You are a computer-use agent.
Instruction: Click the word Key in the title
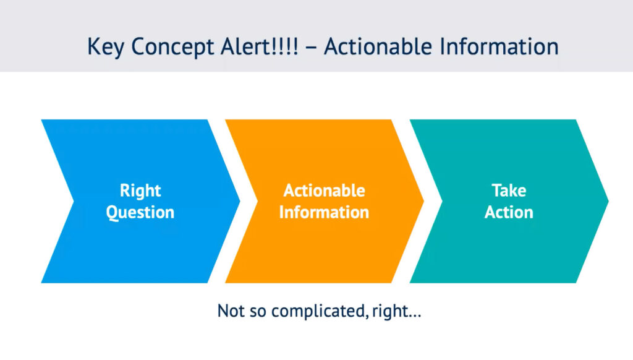click(106, 47)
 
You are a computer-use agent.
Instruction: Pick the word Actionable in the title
click(378, 46)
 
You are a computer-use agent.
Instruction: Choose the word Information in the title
click(499, 46)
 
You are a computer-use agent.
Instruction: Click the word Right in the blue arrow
click(140, 191)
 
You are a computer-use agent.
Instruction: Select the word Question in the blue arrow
click(140, 213)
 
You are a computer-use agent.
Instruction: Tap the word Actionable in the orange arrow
click(324, 191)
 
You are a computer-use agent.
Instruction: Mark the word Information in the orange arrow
click(324, 212)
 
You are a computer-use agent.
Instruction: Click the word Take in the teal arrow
click(509, 191)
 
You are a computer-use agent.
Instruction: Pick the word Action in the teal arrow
click(509, 212)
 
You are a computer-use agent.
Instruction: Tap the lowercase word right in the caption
click(389, 312)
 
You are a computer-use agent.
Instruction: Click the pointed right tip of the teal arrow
click(608, 201)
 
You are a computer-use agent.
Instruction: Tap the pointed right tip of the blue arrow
click(240, 201)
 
